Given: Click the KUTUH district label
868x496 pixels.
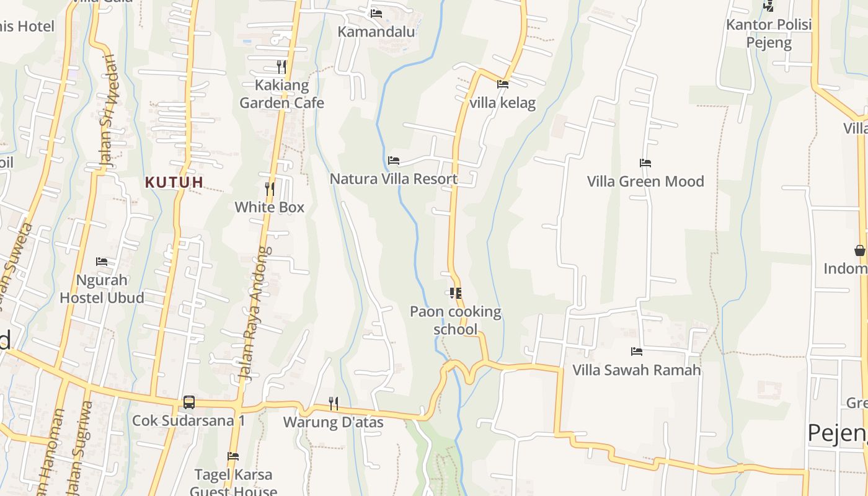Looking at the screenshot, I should point(174,182).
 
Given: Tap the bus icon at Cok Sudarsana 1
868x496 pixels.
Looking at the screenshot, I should point(189,402).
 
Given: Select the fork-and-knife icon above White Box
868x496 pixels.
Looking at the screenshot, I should point(270,188).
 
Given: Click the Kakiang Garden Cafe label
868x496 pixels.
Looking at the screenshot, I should point(281,94).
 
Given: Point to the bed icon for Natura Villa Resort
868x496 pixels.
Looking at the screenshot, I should point(394,161).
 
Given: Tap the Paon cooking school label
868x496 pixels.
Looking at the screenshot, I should point(456,320).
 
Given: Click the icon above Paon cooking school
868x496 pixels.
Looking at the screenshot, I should point(456,293).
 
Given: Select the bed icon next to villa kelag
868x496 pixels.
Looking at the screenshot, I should point(502,84).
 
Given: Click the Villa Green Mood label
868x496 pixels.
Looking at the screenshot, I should point(645,182).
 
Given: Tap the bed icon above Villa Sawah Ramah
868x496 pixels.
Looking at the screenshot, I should point(637,352).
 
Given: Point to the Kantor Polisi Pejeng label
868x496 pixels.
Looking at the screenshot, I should point(769,33).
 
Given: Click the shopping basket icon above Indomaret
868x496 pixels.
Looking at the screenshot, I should point(859,250).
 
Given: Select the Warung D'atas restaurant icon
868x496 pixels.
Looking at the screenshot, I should point(334,404).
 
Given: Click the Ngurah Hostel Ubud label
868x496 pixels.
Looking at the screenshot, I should point(102,289).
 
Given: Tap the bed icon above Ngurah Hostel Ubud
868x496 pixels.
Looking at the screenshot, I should point(102,262).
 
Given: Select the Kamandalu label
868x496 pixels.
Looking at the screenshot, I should point(376,31).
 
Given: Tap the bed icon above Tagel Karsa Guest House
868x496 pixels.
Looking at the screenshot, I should point(233,456).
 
